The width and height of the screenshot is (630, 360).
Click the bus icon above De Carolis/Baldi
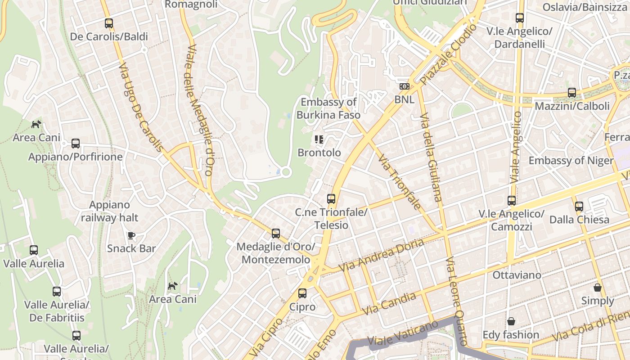109,23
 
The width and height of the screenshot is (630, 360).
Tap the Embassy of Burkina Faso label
328,108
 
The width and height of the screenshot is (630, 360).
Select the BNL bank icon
404,86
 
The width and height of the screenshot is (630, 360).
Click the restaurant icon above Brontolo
319,139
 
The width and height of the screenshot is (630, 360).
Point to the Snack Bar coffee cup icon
131,235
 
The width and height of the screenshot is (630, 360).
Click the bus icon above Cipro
302,293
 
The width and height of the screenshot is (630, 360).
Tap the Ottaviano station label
517,274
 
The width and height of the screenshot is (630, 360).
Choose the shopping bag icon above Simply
598,288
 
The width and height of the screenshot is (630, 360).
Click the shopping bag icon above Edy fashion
511,321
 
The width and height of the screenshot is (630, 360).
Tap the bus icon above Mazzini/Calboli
572,93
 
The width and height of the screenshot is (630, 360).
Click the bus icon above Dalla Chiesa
579,207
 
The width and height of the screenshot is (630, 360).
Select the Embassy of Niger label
571,161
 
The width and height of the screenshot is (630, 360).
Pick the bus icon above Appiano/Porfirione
76,144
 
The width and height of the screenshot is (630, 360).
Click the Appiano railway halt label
109,211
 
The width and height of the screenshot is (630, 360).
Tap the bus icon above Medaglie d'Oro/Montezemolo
276,234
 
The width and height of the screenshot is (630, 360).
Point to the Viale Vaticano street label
403,332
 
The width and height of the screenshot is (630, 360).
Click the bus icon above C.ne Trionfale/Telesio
331,198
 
